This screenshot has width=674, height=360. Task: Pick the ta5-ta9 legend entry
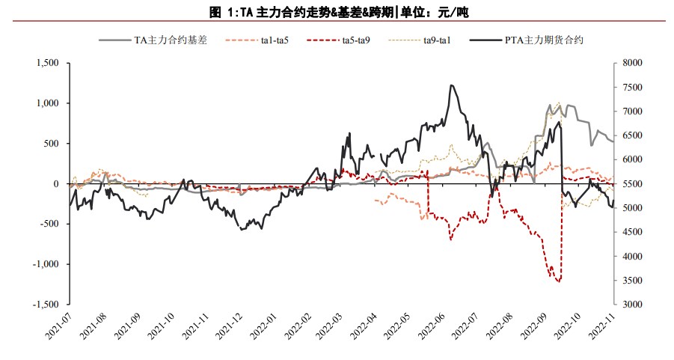349,40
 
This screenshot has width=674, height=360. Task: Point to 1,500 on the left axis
47,64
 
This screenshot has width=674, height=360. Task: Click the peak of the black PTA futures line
452,85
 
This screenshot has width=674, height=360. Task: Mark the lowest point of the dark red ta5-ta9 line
558,281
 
